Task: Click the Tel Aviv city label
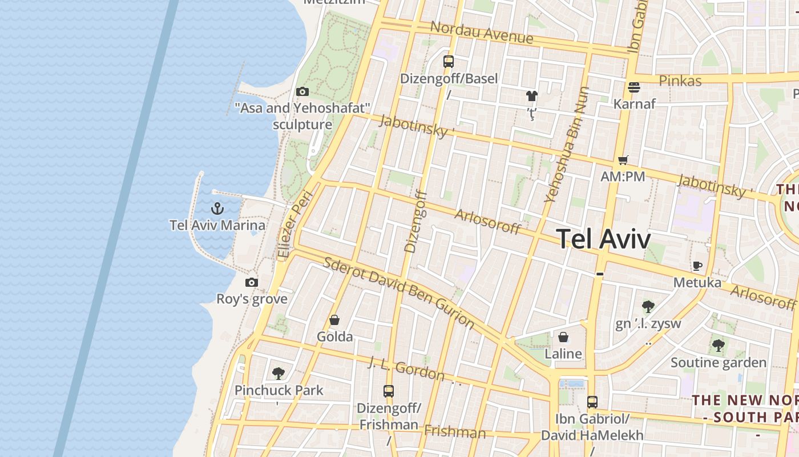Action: [603, 238]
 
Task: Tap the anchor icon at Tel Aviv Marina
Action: [217, 209]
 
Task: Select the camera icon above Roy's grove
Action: [251, 282]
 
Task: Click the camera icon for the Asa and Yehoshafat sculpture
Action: [302, 91]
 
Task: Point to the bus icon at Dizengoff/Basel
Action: [449, 61]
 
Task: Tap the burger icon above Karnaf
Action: [633, 87]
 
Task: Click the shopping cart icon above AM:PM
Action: [623, 161]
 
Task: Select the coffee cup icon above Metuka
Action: [697, 266]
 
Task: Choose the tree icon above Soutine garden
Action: [718, 346]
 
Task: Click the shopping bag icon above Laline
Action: [563, 337]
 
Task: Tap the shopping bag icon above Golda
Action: [334, 320]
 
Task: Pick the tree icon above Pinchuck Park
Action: [279, 374]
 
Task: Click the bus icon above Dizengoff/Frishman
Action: [389, 391]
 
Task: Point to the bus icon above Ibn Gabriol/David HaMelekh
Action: [592, 402]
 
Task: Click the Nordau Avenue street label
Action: [482, 33]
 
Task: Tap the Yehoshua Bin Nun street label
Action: [567, 145]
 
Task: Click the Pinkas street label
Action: [680, 81]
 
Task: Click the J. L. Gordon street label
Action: [406, 369]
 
